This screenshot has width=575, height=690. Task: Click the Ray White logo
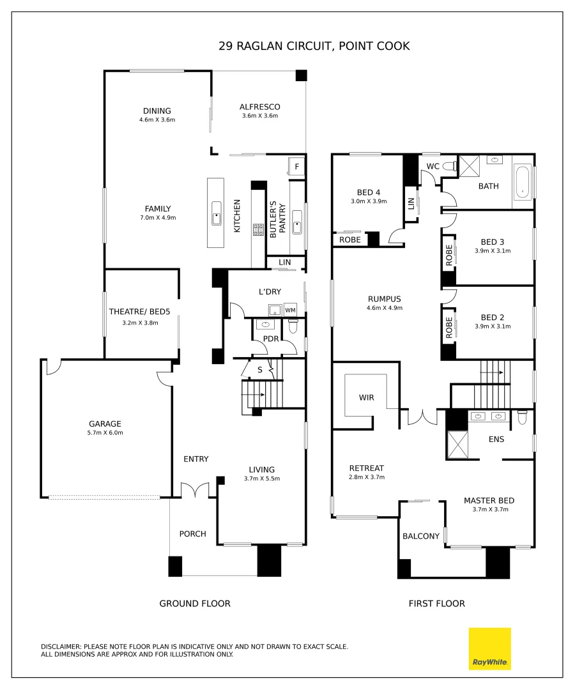click(490, 649)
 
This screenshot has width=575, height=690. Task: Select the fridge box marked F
click(297, 168)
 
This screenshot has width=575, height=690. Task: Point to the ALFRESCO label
click(260, 107)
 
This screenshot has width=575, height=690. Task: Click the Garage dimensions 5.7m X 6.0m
click(105, 433)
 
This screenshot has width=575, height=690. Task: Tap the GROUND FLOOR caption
click(195, 603)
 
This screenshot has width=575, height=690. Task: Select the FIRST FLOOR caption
click(437, 603)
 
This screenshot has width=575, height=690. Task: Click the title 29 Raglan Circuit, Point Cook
click(314, 46)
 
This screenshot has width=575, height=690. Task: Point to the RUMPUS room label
click(384, 298)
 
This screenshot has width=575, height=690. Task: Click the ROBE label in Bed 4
click(349, 240)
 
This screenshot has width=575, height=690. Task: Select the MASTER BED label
click(489, 500)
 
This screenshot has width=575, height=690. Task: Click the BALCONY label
click(421, 536)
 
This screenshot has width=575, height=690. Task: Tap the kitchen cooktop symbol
click(259, 230)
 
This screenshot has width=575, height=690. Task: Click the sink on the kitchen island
click(217, 218)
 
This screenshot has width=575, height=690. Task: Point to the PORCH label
click(192, 533)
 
